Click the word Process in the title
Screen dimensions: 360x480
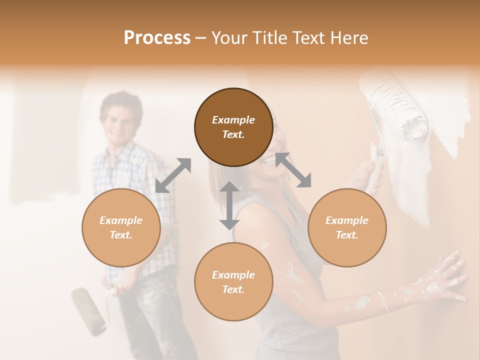[x=157, y=38]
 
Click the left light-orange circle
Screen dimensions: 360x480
[x=121, y=227]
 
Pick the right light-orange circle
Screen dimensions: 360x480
[x=347, y=227]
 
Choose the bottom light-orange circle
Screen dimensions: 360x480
[x=233, y=281]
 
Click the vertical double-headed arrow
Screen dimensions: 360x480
[x=229, y=205]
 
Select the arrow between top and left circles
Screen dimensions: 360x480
[x=173, y=175]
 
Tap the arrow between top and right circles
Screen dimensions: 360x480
[x=293, y=170]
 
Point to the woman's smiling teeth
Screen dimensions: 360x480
[x=270, y=160]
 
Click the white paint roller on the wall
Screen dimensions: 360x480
[x=397, y=107]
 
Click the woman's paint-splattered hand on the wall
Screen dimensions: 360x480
[x=445, y=277]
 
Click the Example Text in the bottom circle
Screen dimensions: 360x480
[x=233, y=282]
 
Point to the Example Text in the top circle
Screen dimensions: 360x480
[x=233, y=127]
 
